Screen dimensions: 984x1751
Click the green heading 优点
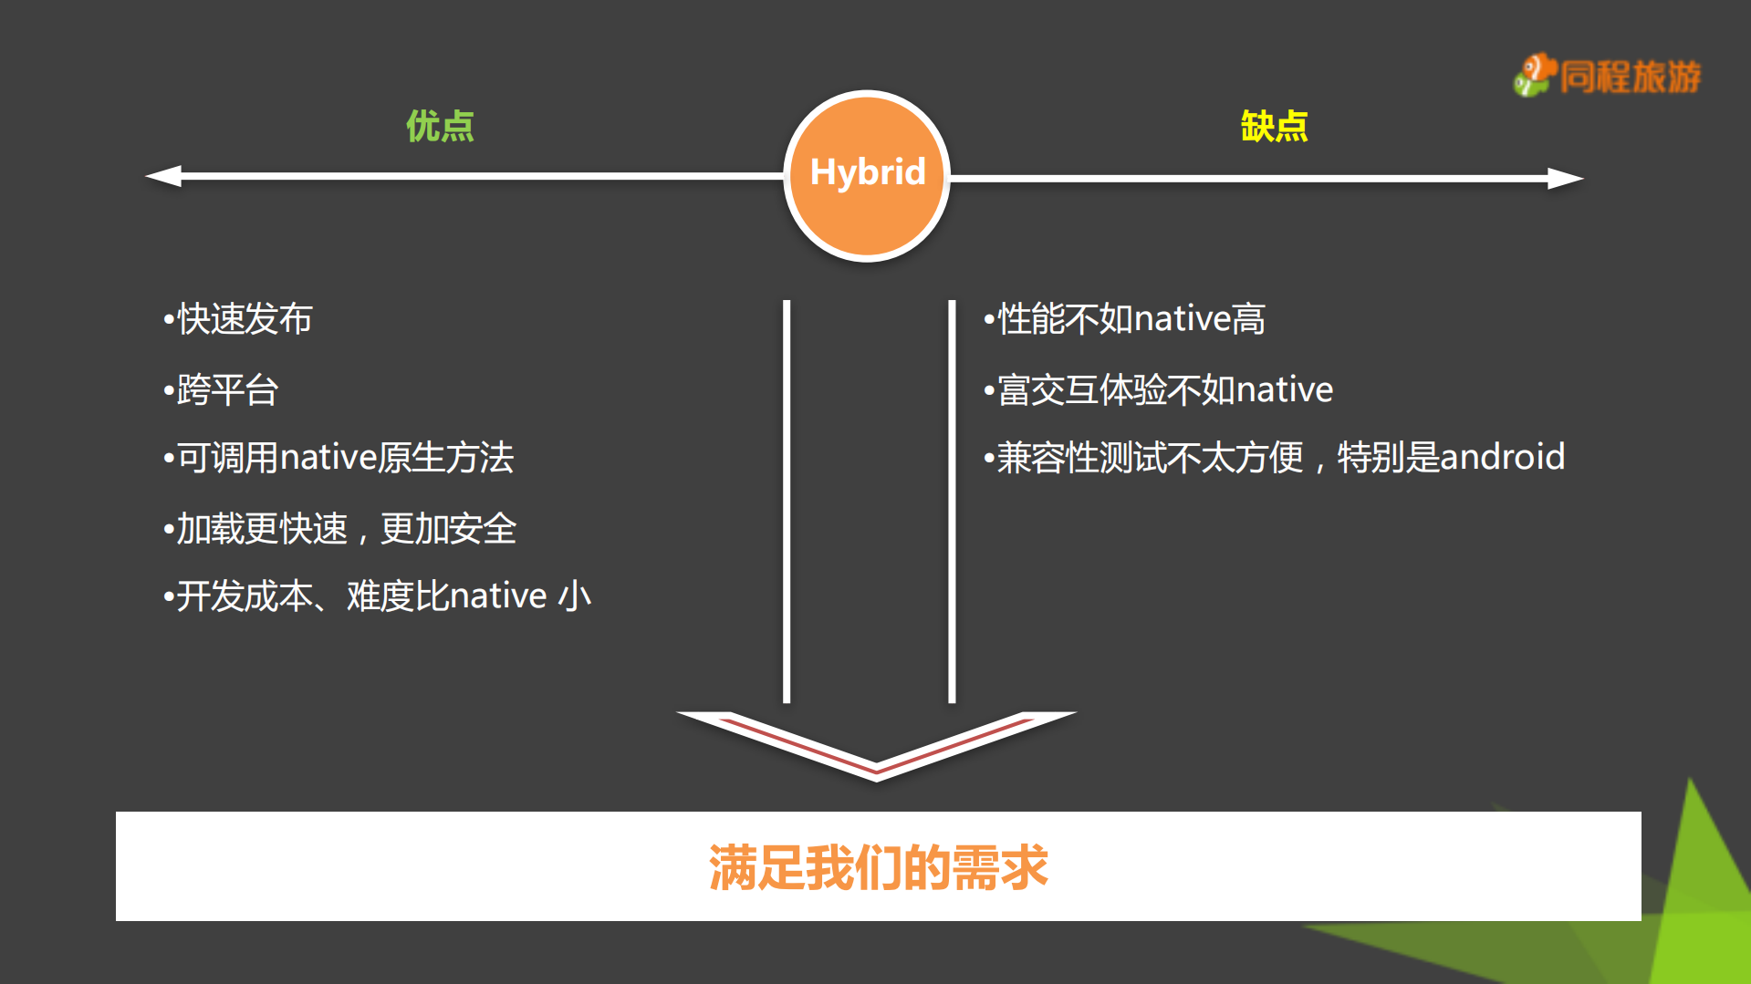[440, 126]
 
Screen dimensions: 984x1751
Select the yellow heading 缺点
[1274, 126]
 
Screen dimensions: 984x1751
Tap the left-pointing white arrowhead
[165, 176]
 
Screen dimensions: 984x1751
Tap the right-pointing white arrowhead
[1564, 178]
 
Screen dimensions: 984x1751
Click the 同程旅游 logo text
[1630, 77]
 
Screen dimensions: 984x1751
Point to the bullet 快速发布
[239, 319]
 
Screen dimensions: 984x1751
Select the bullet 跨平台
[223, 390]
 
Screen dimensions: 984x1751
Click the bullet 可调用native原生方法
[339, 458]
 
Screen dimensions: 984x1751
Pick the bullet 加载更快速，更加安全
[341, 529]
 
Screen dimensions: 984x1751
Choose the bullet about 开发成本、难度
[378, 596]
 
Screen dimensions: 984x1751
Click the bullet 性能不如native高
[1126, 319]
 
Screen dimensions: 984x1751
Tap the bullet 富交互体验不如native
[1160, 390]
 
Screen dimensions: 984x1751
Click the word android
[1502, 457]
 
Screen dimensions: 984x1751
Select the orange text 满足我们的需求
[878, 866]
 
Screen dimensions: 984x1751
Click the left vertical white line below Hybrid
[787, 502]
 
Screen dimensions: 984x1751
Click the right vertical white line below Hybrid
[952, 502]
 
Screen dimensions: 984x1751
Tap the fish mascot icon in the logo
[1535, 75]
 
